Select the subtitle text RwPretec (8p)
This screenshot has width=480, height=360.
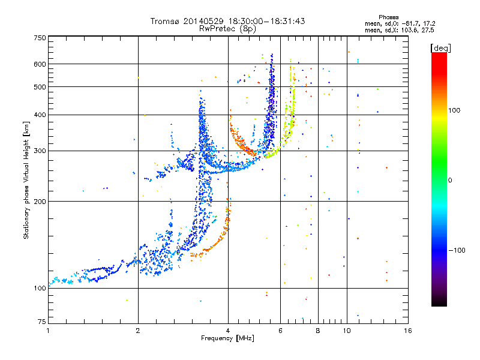click(227, 29)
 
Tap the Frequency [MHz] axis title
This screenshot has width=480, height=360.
click(227, 338)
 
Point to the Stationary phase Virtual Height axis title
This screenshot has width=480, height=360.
click(26, 181)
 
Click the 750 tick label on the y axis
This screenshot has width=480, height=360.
click(40, 38)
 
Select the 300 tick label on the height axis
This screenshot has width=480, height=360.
click(40, 151)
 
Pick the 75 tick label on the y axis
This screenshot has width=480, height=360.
click(42, 322)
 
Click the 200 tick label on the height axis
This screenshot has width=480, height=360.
click(40, 201)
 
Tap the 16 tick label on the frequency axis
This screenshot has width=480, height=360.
click(408, 331)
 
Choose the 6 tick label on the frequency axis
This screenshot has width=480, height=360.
click(280, 331)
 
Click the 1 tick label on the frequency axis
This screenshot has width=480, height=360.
click(48, 331)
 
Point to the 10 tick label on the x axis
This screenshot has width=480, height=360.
click(347, 331)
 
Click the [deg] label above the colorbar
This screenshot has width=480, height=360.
click(441, 48)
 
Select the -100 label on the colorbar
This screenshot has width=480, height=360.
click(457, 250)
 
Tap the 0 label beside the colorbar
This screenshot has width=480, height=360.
click(450, 181)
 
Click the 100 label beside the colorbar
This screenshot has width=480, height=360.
click(454, 110)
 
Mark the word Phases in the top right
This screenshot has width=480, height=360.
click(389, 17)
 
